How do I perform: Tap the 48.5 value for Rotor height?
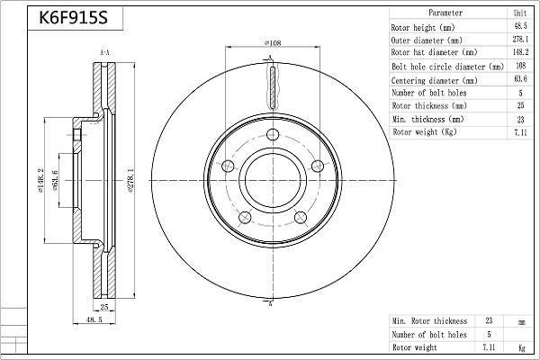[519, 27]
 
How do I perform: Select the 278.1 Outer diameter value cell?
[519, 40]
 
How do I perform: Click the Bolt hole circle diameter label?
[447, 67]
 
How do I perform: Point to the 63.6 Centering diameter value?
[519, 79]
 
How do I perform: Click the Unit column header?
[519, 13]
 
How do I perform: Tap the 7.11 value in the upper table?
[519, 131]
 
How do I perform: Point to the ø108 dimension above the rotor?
[272, 42]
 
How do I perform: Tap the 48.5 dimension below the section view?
[93, 319]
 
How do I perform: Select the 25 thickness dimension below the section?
[103, 307]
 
